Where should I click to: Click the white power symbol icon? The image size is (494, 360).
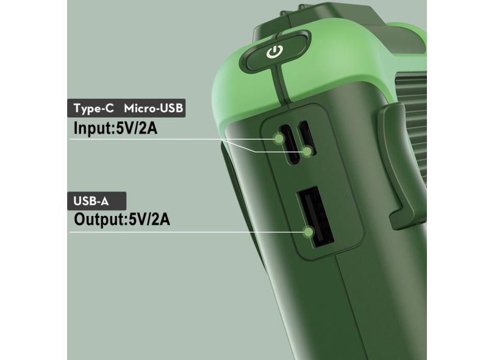[274, 52]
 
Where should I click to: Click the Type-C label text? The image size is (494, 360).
[93, 108]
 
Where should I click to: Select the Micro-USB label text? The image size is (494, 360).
[154, 108]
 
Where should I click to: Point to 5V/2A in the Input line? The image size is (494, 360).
[137, 128]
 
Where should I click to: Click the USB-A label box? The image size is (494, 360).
[97, 201]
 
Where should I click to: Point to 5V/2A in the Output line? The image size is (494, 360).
[149, 219]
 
